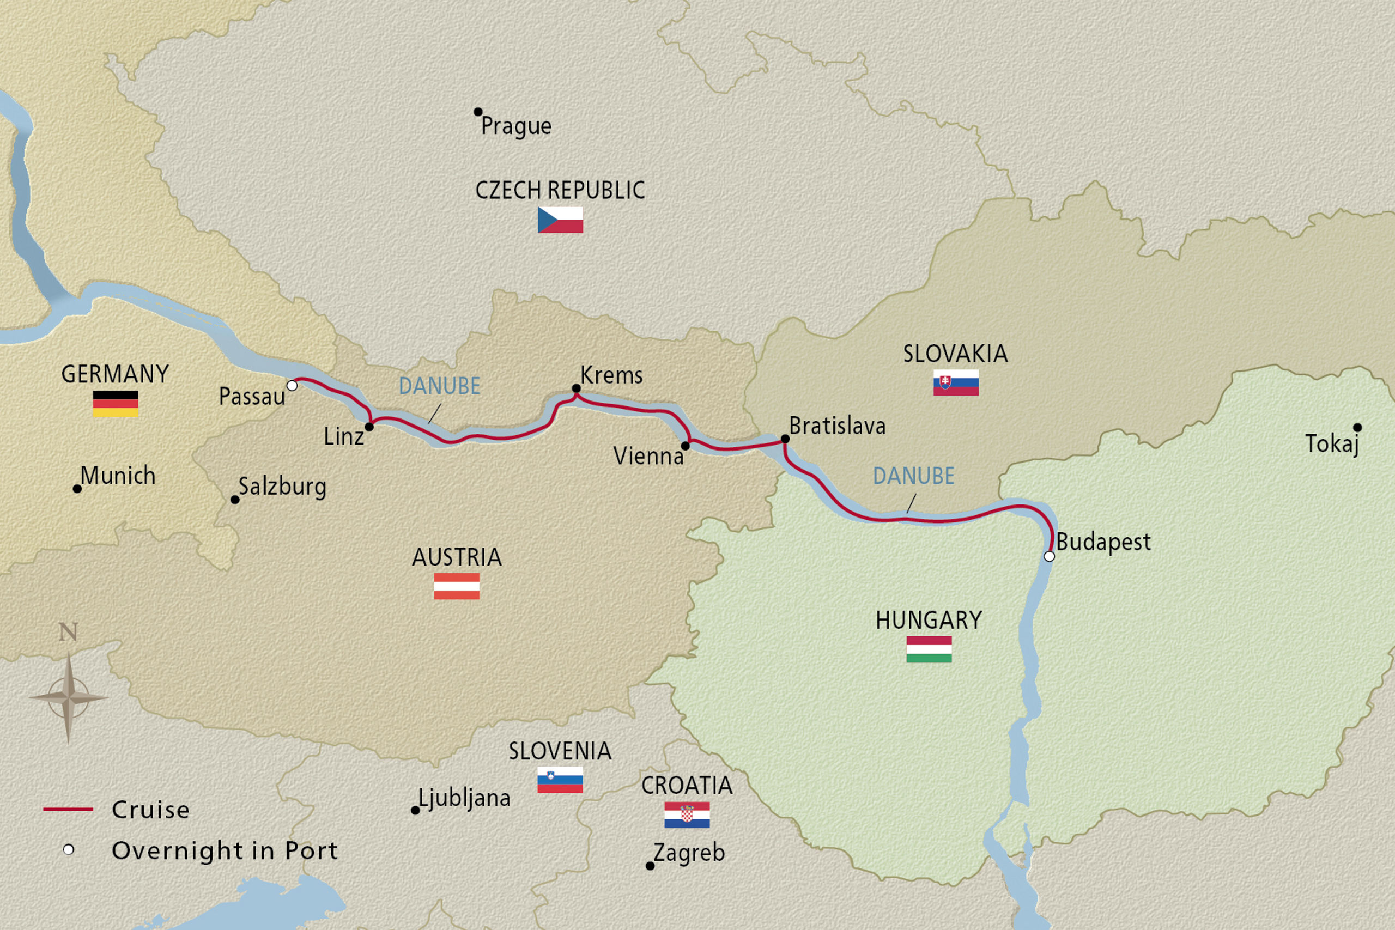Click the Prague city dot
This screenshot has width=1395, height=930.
478,112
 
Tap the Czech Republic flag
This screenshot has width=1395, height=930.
560,220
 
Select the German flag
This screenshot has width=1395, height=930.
116,403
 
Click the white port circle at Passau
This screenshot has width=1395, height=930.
292,386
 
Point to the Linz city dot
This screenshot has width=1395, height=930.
369,427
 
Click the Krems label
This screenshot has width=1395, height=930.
611,375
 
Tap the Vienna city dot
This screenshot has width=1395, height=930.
685,446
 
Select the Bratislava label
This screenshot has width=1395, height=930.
837,426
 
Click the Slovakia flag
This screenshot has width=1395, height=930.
955,382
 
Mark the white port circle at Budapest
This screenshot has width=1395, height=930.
1049,556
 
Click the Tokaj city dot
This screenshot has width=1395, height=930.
1357,427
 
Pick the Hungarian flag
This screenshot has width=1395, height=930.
929,649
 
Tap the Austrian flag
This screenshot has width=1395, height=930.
456,586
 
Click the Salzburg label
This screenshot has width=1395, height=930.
282,487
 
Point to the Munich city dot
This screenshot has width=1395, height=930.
77,489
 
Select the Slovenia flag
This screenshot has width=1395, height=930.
560,780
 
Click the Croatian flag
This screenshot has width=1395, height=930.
687,814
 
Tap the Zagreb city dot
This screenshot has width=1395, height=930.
650,866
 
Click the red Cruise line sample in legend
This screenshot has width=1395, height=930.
68,809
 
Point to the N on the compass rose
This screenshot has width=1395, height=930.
68,633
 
